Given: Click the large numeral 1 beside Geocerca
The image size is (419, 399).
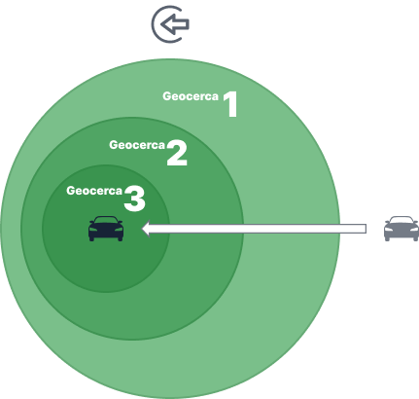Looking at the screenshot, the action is (231, 104).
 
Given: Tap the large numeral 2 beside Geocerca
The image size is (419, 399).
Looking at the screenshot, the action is (177, 153).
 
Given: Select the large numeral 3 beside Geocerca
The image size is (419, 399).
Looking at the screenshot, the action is (134, 199).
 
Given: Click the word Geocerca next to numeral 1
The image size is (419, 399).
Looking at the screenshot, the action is (191, 96).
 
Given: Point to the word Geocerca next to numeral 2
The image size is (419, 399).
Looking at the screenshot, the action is (137, 145).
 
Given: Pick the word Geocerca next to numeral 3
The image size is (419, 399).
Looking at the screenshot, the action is (94, 191).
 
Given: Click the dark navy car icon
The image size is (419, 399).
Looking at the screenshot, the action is (106, 229).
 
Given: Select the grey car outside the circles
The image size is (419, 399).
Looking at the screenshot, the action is (402, 229).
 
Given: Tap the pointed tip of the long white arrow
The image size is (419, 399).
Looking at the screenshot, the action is (142, 229).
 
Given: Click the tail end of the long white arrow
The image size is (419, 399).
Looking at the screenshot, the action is (367, 229).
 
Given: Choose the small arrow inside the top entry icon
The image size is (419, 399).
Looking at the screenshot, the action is (175, 24).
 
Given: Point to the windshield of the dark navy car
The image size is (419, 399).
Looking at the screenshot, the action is (106, 220).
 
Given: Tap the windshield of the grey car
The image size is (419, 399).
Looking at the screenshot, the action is (402, 220).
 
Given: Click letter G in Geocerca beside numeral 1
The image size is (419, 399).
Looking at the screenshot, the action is (167, 96).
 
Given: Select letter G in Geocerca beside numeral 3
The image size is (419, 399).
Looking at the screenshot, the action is (71, 191).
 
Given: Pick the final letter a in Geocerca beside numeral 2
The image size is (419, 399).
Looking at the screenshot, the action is (161, 146).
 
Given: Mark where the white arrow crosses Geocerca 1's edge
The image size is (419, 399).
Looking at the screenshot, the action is (340, 229).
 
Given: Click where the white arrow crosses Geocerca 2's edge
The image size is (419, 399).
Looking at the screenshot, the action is (243, 229).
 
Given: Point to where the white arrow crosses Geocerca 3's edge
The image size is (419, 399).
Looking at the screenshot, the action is (169, 229).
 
